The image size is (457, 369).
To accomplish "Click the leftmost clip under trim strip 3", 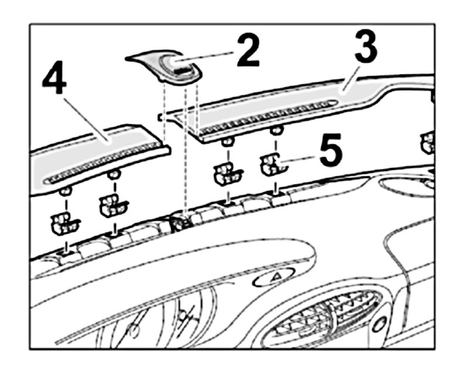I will tap(227, 172).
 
